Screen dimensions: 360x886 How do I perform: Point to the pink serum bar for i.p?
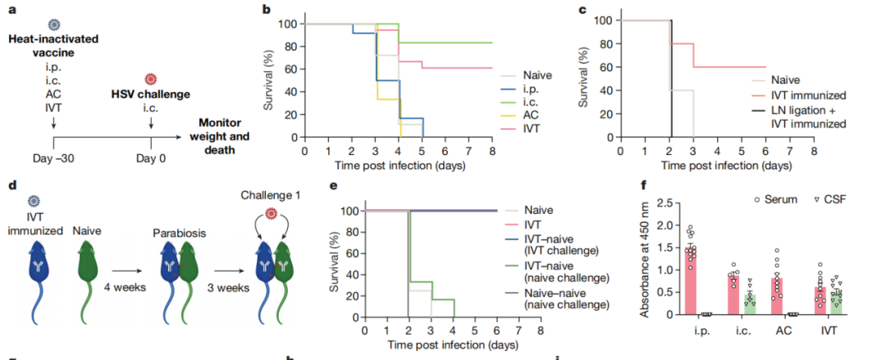[692, 280]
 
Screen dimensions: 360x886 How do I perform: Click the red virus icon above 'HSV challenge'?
[149, 80]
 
